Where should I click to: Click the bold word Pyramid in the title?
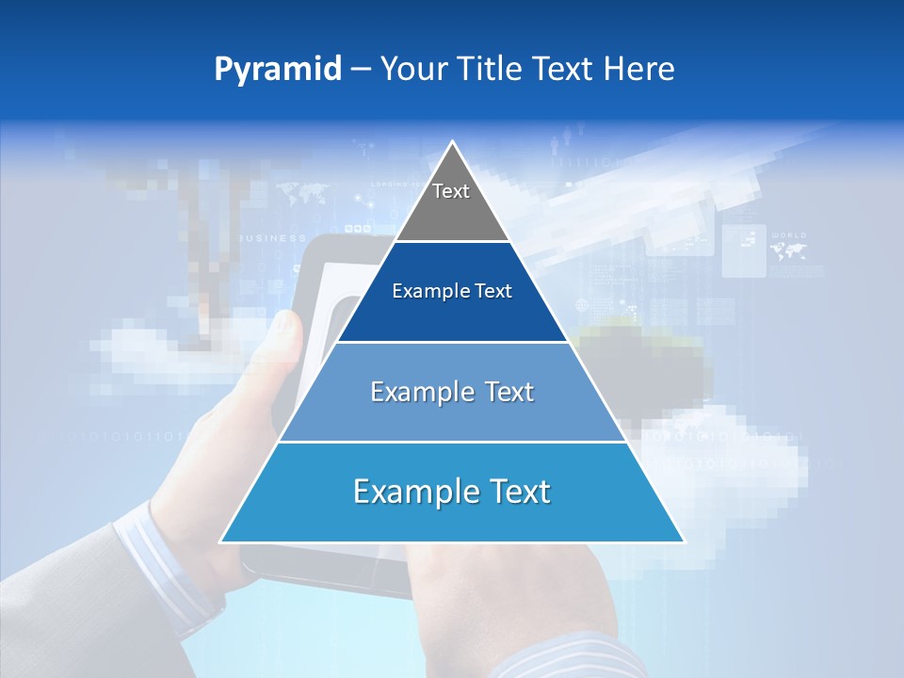278,70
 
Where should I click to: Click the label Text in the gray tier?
451,191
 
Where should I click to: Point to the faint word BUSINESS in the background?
272,238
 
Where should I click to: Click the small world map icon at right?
788,250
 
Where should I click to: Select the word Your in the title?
412,69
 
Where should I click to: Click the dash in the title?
361,69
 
